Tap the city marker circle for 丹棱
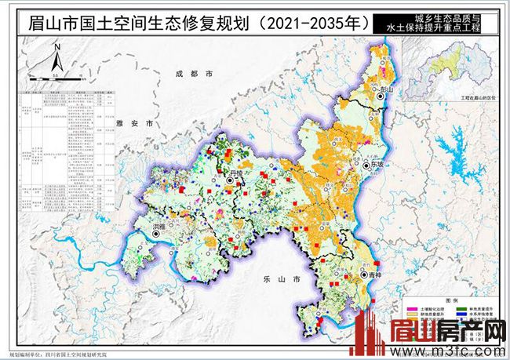(230, 180)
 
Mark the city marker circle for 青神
(364, 275)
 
